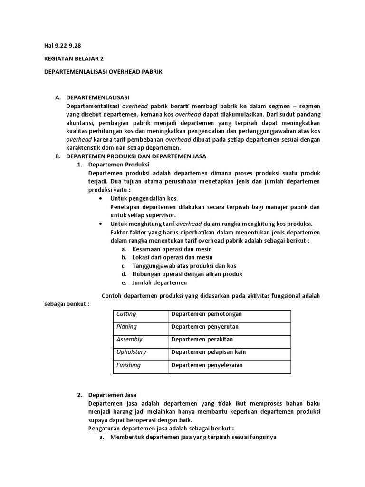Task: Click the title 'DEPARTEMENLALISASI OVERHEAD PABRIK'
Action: pos(103,72)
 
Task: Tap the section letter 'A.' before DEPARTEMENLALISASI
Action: pos(58,97)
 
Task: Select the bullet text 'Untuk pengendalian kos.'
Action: pos(144,198)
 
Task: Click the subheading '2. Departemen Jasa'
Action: pos(113,395)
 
